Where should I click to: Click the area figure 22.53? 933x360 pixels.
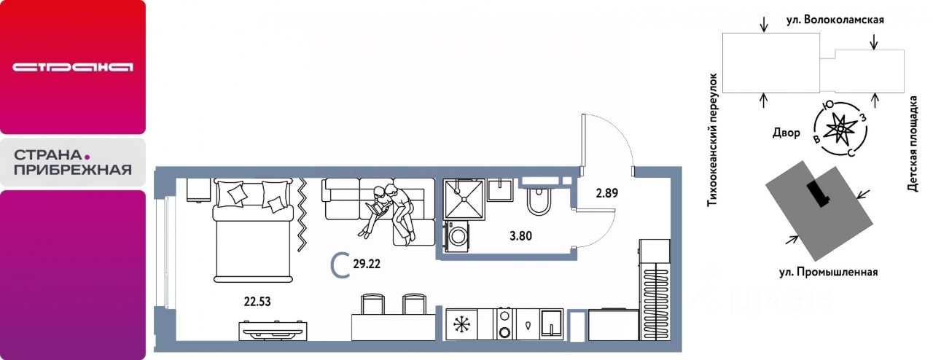point(257,301)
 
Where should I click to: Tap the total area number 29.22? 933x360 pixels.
point(367,264)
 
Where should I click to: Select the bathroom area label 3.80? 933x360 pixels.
point(520,236)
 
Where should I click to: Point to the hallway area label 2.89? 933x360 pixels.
point(606,193)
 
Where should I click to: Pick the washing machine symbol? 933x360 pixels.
point(456,236)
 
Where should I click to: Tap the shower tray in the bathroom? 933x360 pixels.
point(464,199)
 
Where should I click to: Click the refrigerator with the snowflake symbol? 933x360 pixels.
point(461,324)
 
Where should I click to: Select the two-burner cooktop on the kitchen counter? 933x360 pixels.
point(505,324)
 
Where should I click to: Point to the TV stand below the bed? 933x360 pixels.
point(273,332)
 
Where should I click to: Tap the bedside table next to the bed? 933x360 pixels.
point(198,190)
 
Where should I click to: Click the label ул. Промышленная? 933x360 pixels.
point(829,272)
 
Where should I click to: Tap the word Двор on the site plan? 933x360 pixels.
point(786,133)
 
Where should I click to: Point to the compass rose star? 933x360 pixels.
point(840,129)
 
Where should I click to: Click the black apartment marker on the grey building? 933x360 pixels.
point(819,194)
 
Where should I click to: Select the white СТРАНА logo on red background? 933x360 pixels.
point(72,67)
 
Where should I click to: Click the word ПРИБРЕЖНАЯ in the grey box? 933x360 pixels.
point(73,170)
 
